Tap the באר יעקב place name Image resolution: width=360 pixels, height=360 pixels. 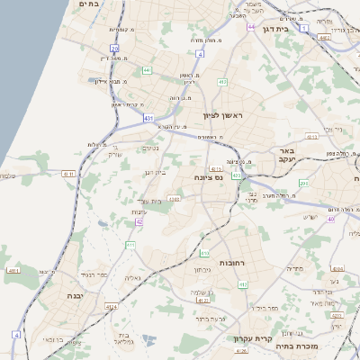286,155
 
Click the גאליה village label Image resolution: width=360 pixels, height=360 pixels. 134,277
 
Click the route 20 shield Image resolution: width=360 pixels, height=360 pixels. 114,48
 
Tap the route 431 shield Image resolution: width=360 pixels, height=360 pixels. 148,118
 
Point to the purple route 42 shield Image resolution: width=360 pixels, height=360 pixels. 139,221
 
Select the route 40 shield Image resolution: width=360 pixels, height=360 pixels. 330,219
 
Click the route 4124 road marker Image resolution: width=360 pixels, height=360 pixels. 112,307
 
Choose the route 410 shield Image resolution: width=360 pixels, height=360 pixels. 222,82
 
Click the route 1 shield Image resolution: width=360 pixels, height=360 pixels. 304,29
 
